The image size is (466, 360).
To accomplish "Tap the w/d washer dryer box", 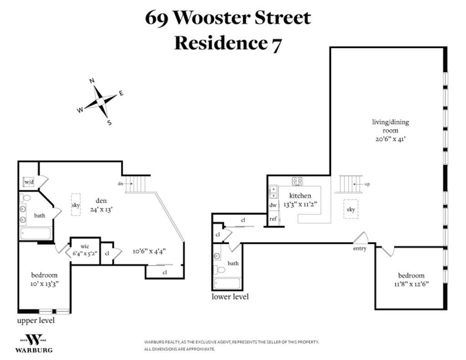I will (29, 182).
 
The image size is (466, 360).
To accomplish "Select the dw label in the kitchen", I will (273, 205).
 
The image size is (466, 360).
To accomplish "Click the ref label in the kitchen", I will (273, 219).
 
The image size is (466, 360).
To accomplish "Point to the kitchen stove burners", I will (298, 181).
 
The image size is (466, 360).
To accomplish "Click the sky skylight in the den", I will (76, 205).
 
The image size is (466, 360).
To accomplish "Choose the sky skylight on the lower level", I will (351, 209).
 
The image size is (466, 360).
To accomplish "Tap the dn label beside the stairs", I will (121, 184).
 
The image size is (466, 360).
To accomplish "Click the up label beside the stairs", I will (367, 184).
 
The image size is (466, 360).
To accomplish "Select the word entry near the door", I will (360, 248).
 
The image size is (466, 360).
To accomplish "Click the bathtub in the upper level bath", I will (36, 233).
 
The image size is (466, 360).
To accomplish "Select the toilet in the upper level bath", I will (26, 198).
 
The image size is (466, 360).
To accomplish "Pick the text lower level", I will (230, 297).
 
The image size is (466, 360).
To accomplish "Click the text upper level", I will (36, 320).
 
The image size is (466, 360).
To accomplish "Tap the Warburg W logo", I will (34, 340).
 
